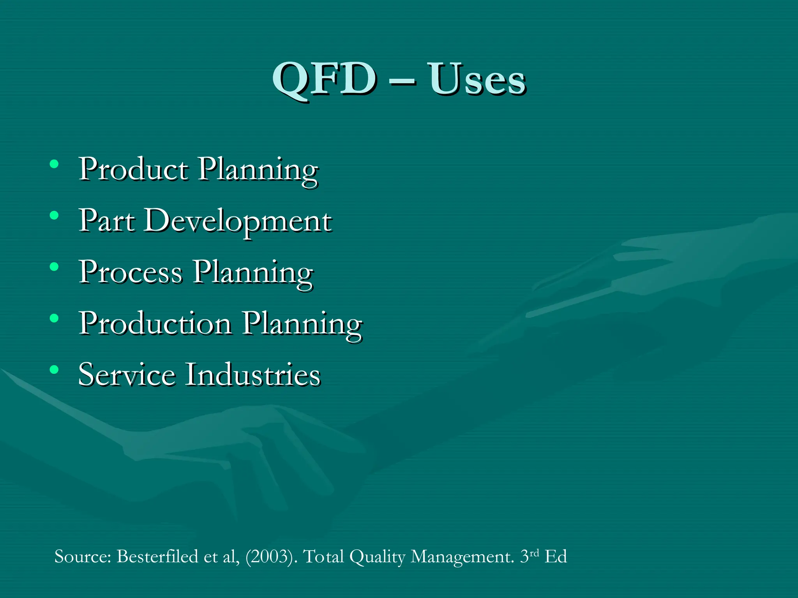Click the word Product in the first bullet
pyautogui.click(x=134, y=169)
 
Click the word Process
pyautogui.click(x=131, y=272)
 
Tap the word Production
pyautogui.click(x=155, y=324)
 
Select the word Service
pyautogui.click(x=127, y=375)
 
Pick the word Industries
pyautogui.click(x=252, y=375)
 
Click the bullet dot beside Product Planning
pyautogui.click(x=54, y=164)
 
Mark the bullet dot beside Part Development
pyautogui.click(x=54, y=215)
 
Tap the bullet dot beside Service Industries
pyautogui.click(x=54, y=369)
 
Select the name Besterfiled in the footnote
pyautogui.click(x=157, y=556)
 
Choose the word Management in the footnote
pyautogui.click(x=462, y=557)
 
